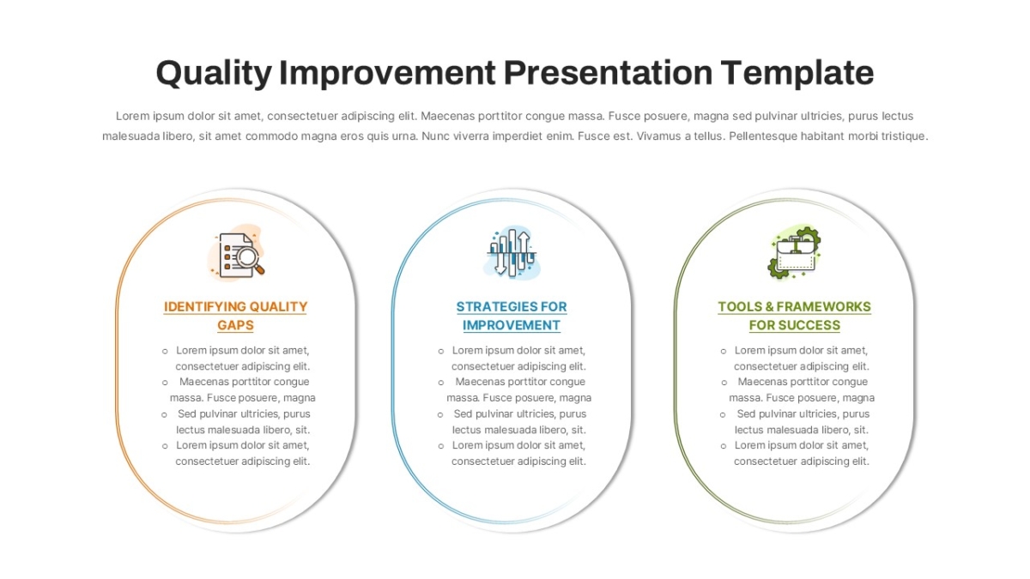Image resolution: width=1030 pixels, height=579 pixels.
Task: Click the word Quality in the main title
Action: tap(214, 74)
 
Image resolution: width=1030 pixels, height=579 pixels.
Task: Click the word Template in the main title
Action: tap(797, 73)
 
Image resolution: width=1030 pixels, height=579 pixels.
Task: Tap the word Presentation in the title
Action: tap(608, 73)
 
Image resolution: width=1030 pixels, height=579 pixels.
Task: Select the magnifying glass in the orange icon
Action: tap(250, 260)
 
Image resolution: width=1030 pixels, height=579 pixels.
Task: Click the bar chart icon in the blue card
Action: tap(512, 253)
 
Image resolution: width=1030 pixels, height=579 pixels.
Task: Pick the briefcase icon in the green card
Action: tap(795, 253)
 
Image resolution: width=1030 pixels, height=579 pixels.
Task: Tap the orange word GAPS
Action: tap(235, 325)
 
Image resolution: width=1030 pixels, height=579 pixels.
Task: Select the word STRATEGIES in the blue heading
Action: tap(490, 306)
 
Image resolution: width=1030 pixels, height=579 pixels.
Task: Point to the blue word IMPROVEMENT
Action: tap(512, 325)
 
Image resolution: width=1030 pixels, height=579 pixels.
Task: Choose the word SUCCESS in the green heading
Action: tap(812, 325)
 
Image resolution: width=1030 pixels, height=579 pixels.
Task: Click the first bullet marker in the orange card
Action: tap(165, 352)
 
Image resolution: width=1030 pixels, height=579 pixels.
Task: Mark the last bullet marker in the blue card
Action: tap(441, 446)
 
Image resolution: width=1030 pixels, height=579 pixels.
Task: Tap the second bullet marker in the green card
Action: tap(724, 383)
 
